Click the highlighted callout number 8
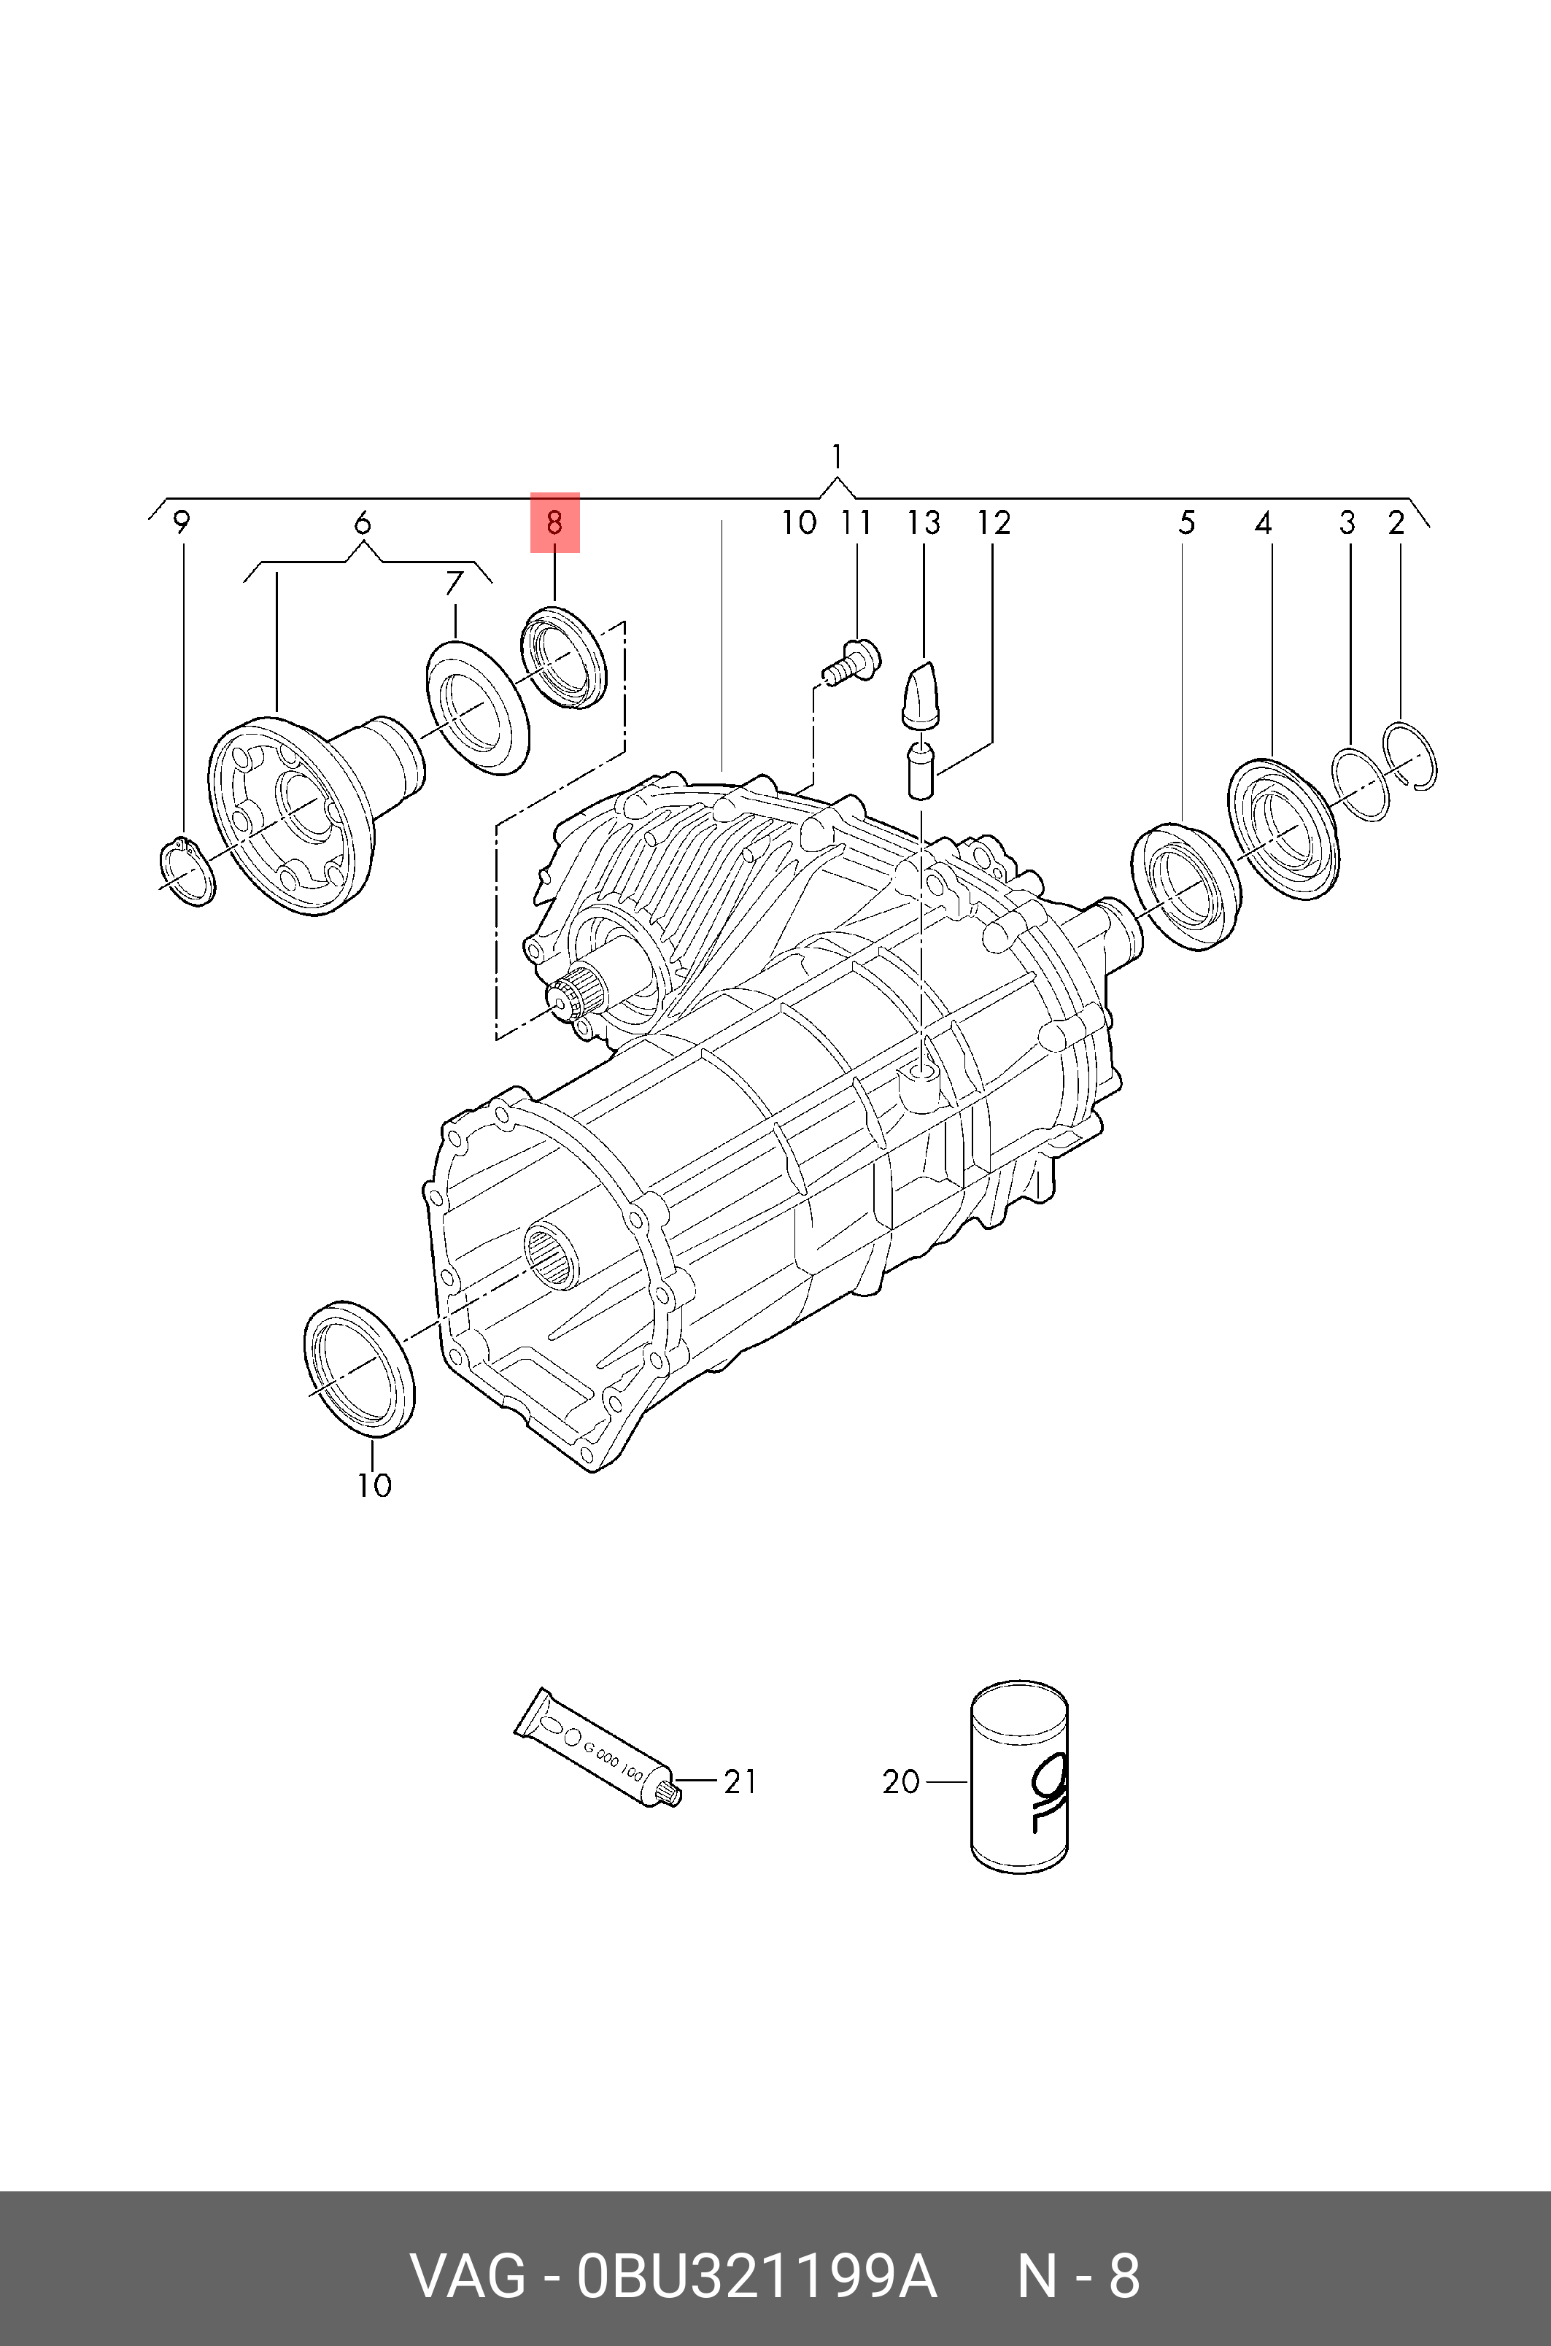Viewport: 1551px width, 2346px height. coord(554,522)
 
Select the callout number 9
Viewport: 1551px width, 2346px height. coord(181,522)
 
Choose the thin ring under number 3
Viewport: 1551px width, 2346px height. coord(1360,783)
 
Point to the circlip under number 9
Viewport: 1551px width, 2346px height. coord(187,870)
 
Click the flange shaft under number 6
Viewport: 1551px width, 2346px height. coord(306,811)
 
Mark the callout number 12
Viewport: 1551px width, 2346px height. coord(994,522)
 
